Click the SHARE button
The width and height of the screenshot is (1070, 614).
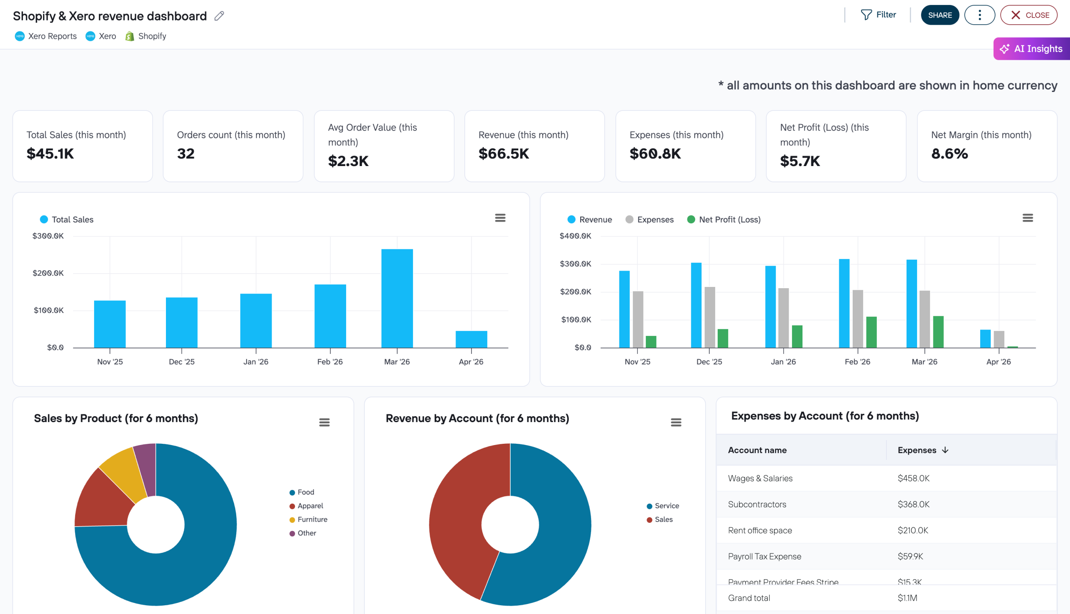(x=939, y=15)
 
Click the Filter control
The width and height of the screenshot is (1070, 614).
(x=878, y=15)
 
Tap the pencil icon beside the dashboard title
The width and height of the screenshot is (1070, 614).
(x=219, y=16)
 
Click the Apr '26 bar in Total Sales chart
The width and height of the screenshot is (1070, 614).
(x=471, y=339)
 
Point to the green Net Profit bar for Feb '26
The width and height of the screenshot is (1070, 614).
(x=871, y=332)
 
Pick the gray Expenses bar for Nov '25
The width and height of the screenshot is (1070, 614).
(x=638, y=319)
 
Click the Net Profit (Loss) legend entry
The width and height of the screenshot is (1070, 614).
(x=724, y=219)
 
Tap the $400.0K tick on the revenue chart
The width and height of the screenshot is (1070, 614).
(x=575, y=236)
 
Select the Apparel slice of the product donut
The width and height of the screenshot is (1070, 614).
(x=104, y=500)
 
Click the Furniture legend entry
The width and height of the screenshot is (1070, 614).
(x=312, y=519)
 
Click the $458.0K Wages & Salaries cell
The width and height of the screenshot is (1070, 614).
(x=913, y=478)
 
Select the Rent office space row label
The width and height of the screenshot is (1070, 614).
(x=759, y=530)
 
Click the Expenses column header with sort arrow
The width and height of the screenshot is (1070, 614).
(x=922, y=450)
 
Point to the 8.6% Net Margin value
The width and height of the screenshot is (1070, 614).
(x=949, y=153)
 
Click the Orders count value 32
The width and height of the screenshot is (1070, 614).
(x=186, y=153)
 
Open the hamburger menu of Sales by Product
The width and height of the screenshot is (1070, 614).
(x=324, y=422)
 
